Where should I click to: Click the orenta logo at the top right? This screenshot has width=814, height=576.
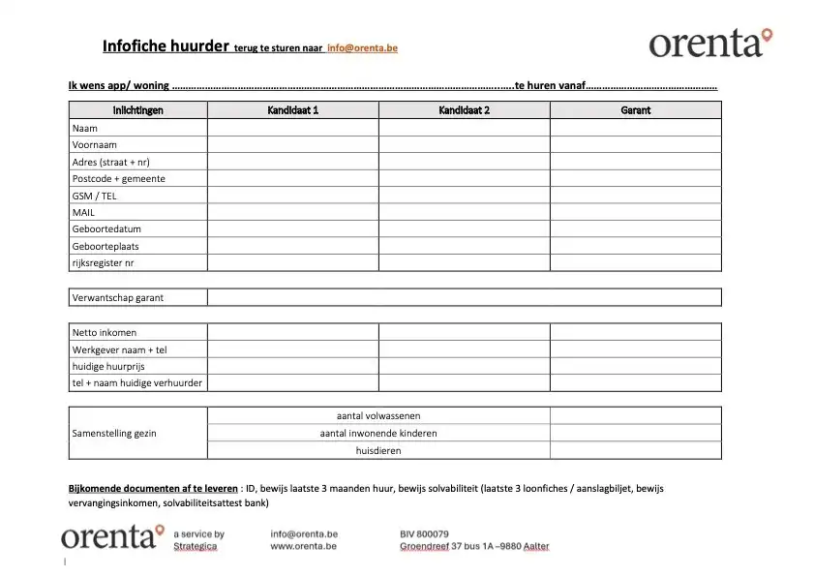[710, 43]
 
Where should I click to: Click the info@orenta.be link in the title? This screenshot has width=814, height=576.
[363, 47]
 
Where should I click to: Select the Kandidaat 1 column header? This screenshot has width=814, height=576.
[292, 110]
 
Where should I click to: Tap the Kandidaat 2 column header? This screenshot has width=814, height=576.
[464, 110]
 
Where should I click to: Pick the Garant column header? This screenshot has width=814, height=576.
[635, 110]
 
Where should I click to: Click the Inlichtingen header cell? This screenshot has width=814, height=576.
[138, 110]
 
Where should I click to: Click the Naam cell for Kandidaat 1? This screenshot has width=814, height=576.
[292, 128]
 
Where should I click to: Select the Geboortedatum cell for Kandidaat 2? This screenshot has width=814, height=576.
[464, 229]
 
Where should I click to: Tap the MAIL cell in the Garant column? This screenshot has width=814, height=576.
[635, 212]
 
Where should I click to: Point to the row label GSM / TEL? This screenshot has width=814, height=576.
[94, 196]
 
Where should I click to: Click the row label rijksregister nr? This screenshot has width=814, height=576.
[103, 263]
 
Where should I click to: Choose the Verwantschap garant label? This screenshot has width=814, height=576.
[118, 297]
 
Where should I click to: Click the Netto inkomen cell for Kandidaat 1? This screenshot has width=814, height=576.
[292, 332]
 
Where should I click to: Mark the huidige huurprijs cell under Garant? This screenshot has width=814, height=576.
[635, 366]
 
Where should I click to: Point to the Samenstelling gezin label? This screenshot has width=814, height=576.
[114, 433]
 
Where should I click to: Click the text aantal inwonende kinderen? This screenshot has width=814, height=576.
[378, 433]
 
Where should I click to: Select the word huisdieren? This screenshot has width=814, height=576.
[378, 450]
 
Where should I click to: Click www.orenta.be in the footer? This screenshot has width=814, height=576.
[303, 546]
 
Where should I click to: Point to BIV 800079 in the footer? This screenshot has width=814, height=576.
[424, 533]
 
